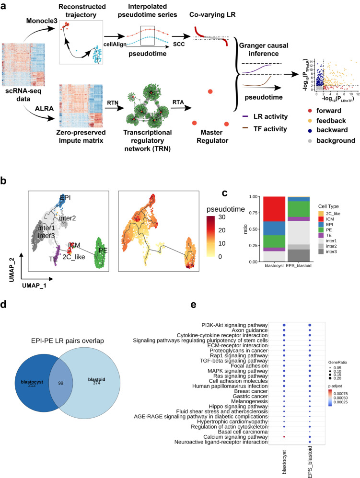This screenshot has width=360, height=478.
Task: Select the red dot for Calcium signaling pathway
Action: coord(285,450)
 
